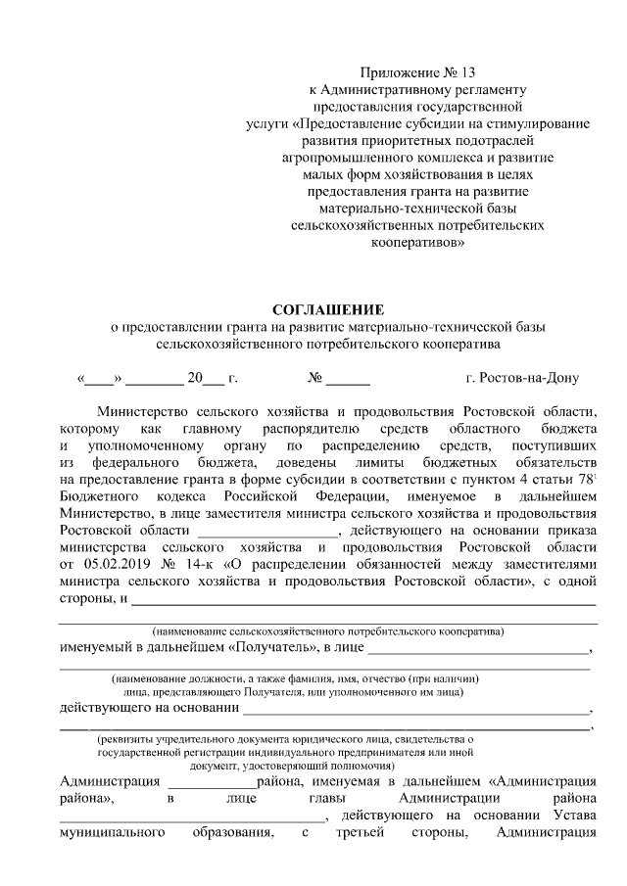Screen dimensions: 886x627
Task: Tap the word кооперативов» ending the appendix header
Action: pos(417,240)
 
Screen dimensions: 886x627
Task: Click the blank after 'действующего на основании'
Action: pos(416,711)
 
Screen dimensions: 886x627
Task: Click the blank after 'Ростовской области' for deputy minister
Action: pos(265,532)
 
